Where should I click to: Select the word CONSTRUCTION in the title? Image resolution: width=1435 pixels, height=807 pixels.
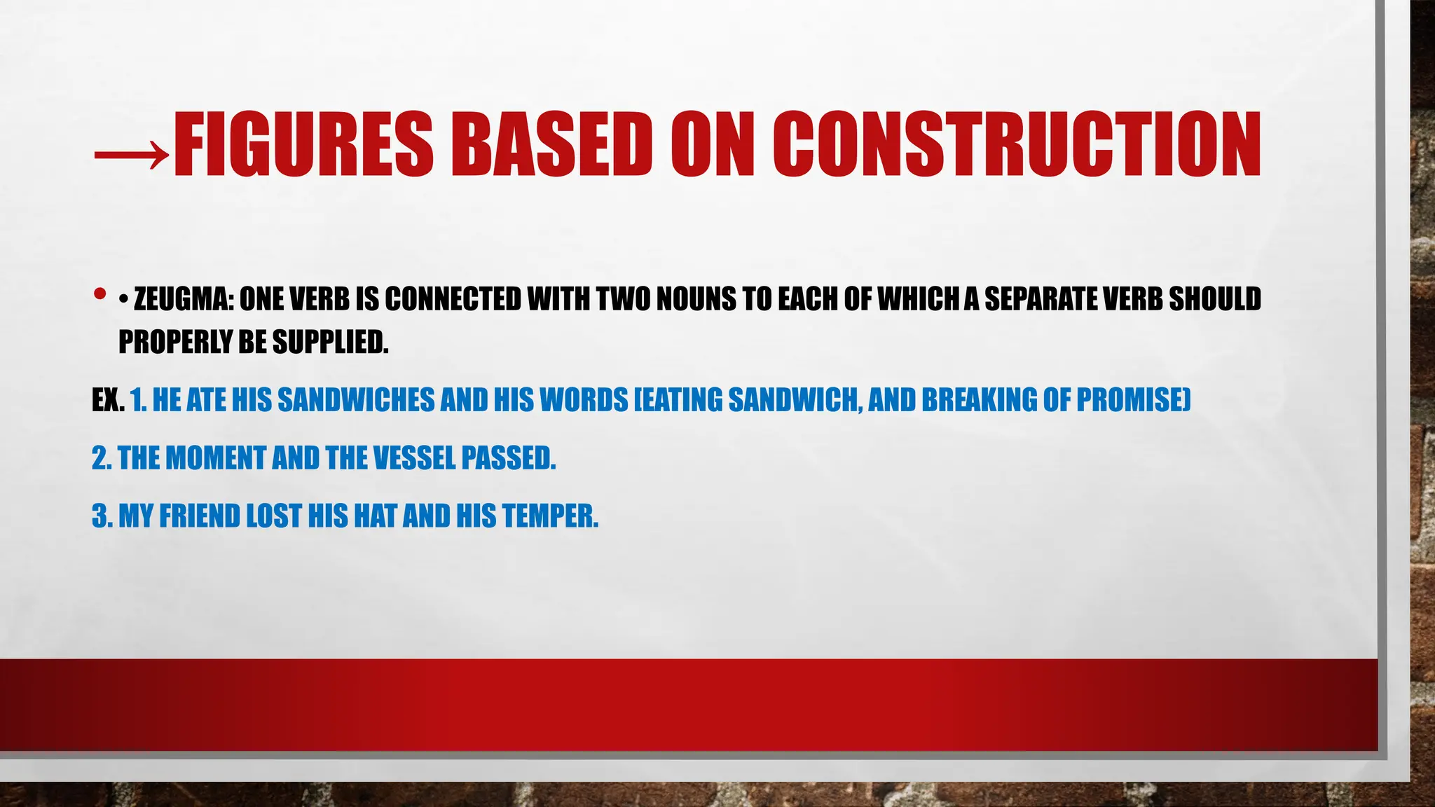(1017, 144)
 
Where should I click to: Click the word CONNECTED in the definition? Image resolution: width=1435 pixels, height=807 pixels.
(453, 300)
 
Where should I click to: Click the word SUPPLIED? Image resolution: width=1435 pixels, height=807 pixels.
(330, 343)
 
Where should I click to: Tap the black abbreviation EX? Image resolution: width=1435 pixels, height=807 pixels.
(108, 401)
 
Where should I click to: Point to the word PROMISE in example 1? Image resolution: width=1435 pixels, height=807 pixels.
(1132, 401)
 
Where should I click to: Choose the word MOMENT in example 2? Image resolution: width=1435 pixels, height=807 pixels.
(215, 459)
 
